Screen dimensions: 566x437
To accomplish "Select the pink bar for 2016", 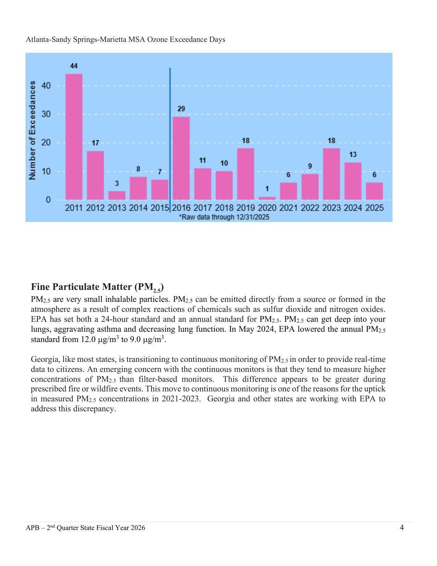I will [181, 158].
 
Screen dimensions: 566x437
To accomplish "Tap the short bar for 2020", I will [267, 198].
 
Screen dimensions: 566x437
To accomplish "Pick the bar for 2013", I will [117, 196].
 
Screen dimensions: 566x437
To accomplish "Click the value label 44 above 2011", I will [74, 66].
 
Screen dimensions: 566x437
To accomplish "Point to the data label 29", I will [181, 109].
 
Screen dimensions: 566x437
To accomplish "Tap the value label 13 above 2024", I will [353, 155].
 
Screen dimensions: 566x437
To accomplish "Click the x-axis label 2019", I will [246, 208].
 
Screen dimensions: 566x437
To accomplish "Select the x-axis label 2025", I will [374, 208].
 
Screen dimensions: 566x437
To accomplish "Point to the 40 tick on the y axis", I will [46, 85].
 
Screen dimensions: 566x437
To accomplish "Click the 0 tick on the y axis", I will [48, 200].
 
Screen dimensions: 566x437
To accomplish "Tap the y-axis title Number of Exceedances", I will [33, 130].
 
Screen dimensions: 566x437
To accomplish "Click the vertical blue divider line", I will [170, 137].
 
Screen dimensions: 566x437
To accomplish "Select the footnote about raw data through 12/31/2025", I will [224, 217].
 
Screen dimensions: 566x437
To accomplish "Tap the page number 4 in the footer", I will [402, 527].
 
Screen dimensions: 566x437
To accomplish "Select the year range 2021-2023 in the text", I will [181, 399].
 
